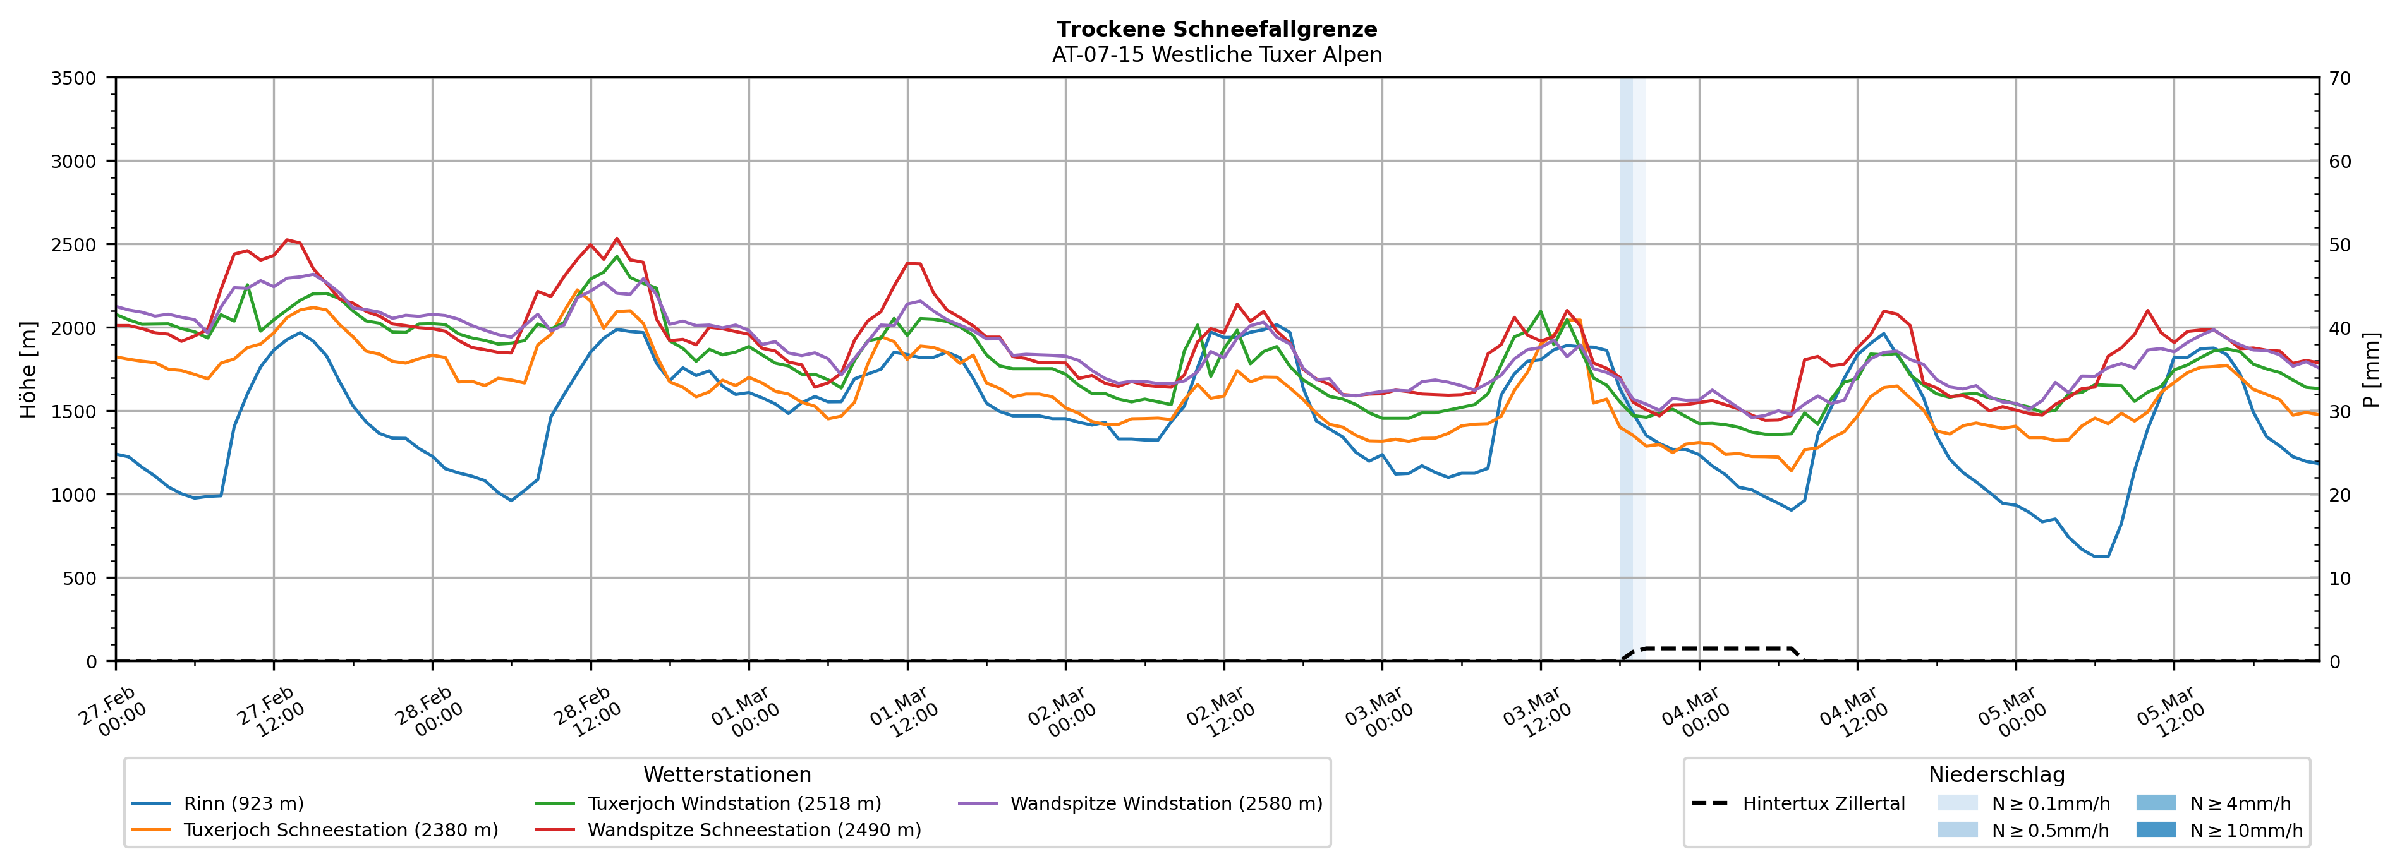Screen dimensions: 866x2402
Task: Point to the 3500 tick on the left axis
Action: click(74, 78)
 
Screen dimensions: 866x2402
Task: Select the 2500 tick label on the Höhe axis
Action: click(74, 245)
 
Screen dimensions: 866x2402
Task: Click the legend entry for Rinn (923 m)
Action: click(243, 803)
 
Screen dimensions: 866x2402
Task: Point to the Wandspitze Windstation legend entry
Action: click(1165, 803)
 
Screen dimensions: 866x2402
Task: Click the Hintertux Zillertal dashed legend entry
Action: click(1823, 803)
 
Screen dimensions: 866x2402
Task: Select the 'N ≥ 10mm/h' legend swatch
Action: click(2155, 829)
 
